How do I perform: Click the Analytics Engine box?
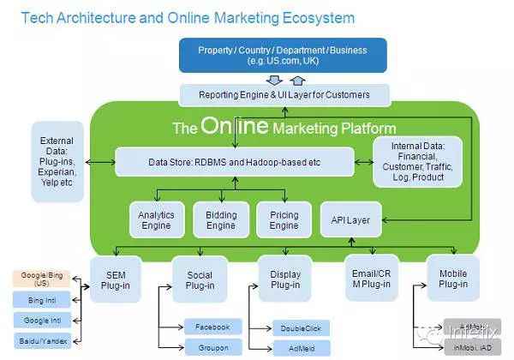155,219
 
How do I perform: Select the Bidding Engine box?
221,219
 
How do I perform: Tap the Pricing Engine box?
284,219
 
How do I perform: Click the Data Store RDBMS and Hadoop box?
234,160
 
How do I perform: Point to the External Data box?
56,160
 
